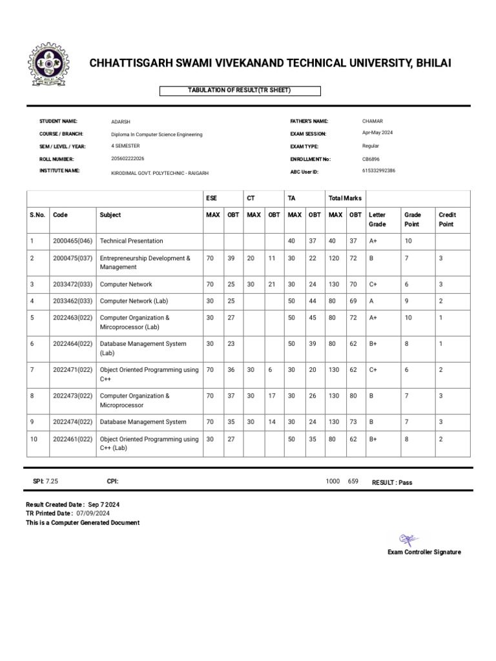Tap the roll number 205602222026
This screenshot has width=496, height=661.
click(128, 159)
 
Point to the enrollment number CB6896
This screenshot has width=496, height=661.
click(372, 159)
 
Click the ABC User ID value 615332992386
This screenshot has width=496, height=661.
click(379, 171)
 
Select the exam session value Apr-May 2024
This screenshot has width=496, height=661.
click(377, 133)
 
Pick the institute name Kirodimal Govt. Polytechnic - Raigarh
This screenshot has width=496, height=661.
click(160, 173)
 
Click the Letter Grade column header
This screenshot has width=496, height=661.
click(377, 219)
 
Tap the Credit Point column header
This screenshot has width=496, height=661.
click(447, 219)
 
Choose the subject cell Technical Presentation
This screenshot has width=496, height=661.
click(132, 241)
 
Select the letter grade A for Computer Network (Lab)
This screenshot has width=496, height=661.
click(372, 301)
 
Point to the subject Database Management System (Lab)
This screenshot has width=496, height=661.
click(143, 349)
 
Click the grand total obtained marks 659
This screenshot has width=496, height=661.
click(353, 482)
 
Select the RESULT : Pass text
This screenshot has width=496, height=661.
click(392, 482)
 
